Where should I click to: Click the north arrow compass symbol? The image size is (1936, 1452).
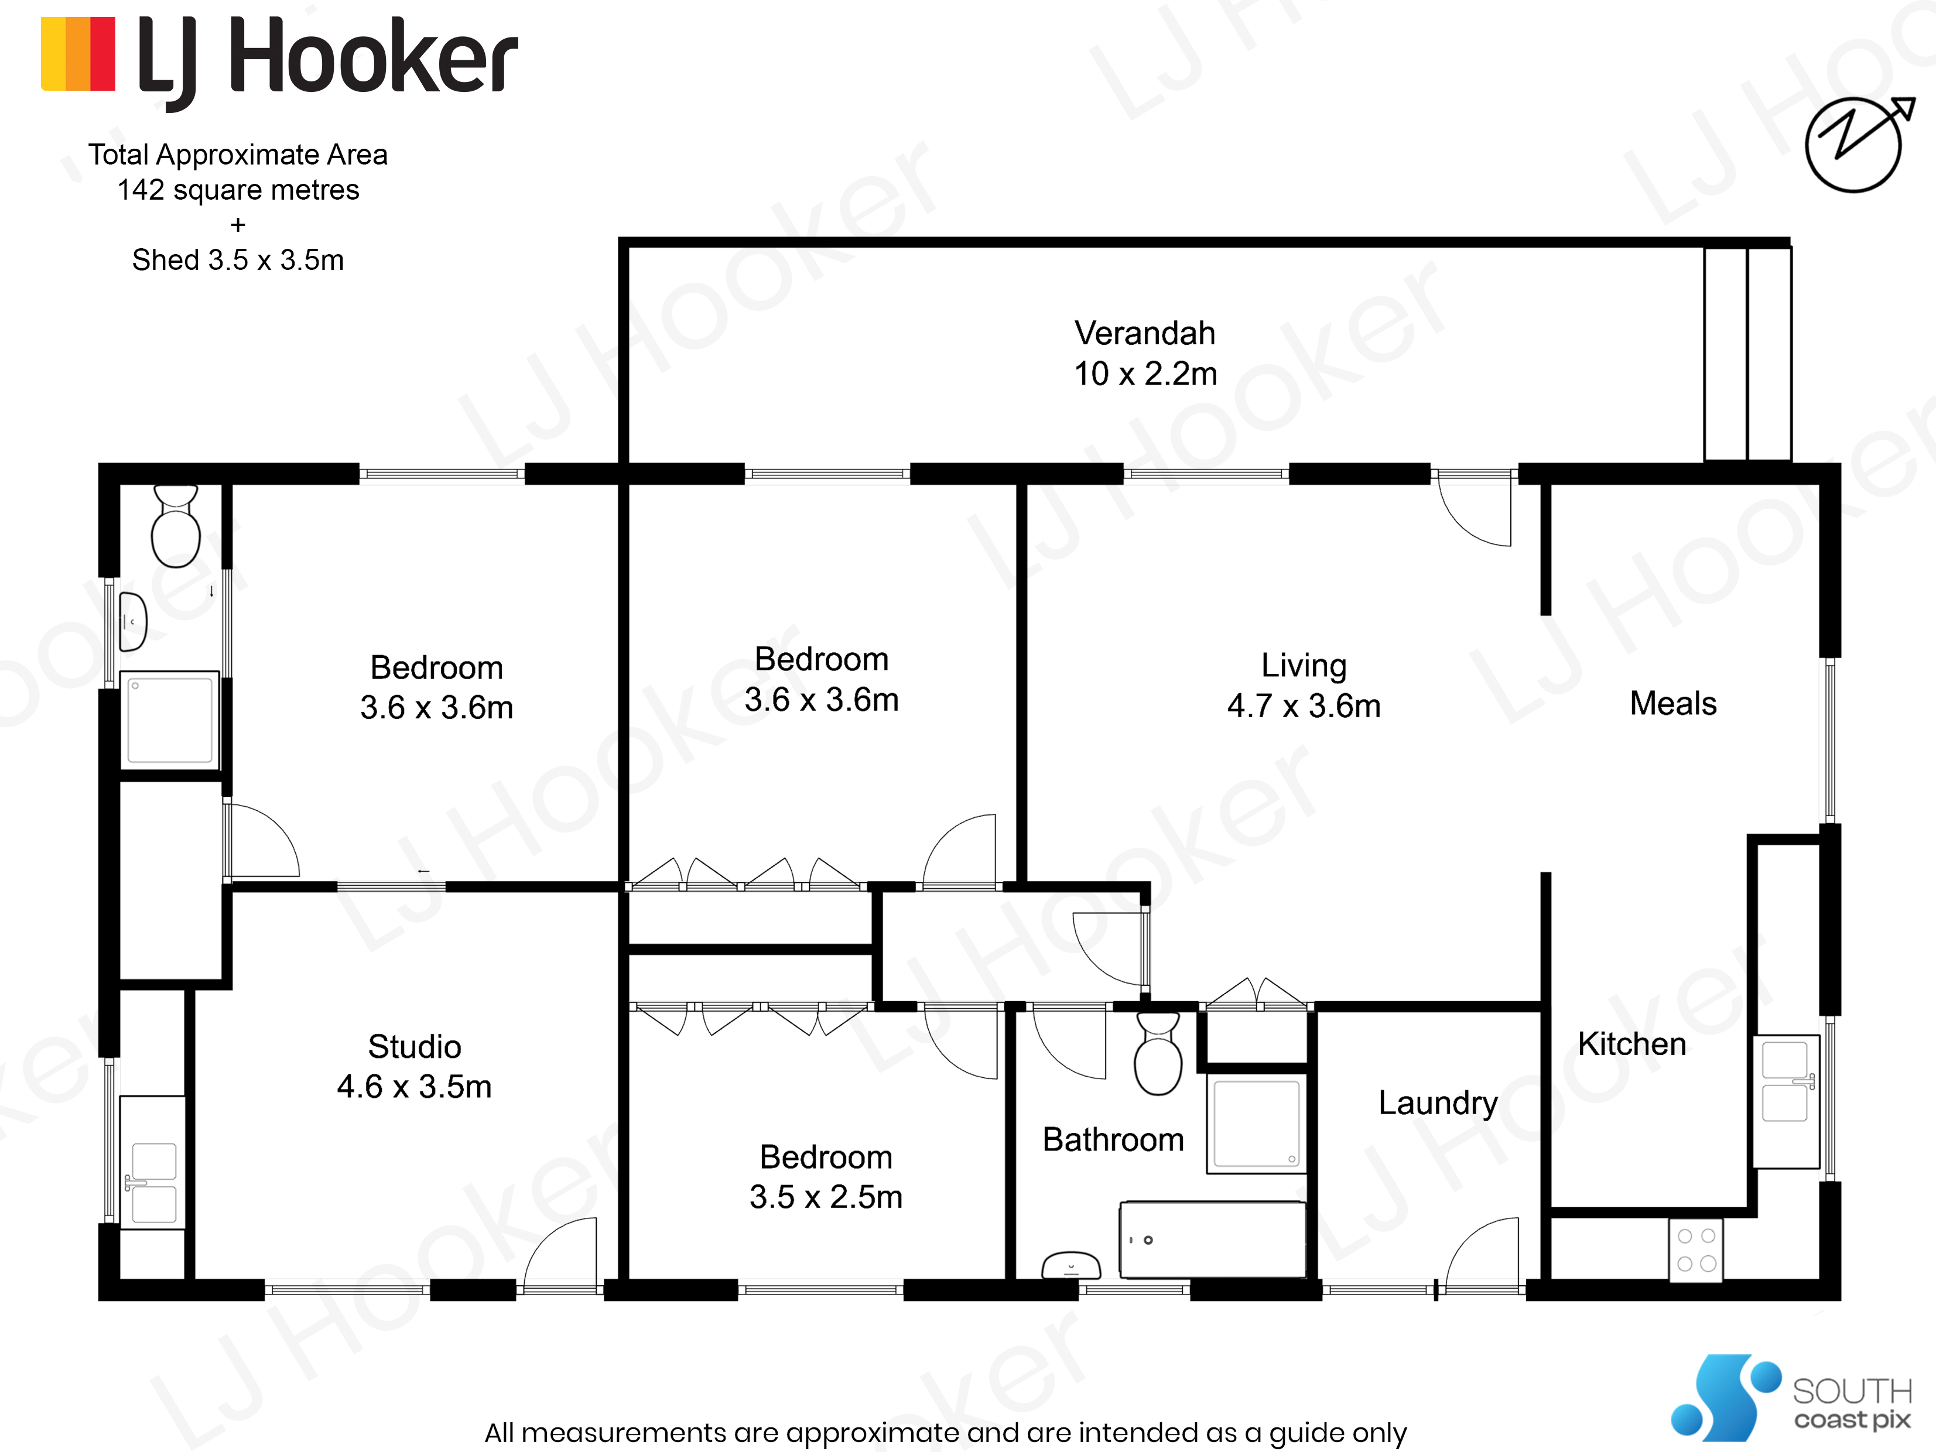(1855, 145)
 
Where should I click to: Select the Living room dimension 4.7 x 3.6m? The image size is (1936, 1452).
(1303, 706)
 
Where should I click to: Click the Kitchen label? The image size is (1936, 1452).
(1631, 1044)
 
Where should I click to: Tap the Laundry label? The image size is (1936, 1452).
(1438, 1103)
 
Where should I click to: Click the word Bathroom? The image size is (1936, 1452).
(1113, 1139)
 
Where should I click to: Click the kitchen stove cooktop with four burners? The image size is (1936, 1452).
(1695, 1250)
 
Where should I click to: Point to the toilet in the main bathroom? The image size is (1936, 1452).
(1158, 1054)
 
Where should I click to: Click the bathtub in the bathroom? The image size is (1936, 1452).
(1213, 1239)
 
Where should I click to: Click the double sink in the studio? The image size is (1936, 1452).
(154, 1183)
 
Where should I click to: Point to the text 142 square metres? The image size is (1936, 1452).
(238, 190)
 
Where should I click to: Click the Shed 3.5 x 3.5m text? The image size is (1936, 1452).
(238, 260)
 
